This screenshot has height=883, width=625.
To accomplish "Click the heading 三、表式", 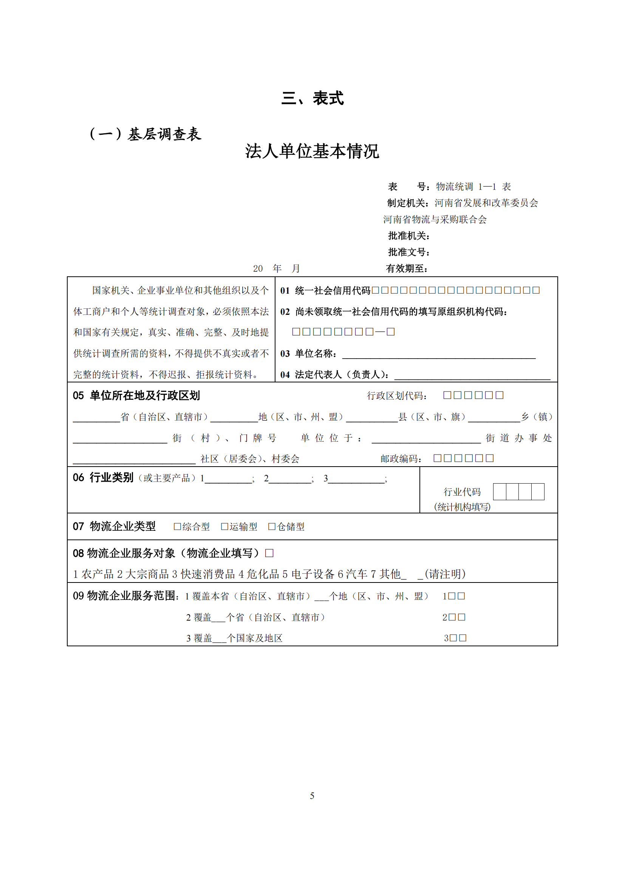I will tap(312, 99).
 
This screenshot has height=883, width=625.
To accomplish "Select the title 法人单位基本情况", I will tap(312, 151).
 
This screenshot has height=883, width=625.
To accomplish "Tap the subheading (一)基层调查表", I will tap(145, 134).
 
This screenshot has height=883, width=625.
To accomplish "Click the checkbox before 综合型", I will tap(177, 527).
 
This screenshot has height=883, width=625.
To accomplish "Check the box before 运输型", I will tap(224, 527).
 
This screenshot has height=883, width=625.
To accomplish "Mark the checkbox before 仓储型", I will tap(272, 527).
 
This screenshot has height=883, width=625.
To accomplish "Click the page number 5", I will tap(312, 796).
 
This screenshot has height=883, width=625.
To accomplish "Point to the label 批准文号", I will tap(408, 252).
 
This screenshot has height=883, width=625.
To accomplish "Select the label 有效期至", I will tap(407, 268).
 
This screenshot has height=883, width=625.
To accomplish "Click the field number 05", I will tap(78, 396).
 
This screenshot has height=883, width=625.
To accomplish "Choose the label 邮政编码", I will tap(401, 459).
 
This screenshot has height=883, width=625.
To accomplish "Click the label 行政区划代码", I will tap(397, 396).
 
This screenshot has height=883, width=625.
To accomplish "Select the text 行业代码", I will tap(462, 492).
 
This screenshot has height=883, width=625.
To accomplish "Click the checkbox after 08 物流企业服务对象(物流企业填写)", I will tap(269, 553).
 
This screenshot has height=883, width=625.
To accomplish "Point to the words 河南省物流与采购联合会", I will tap(435, 220).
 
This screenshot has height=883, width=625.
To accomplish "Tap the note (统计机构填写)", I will tap(462, 507).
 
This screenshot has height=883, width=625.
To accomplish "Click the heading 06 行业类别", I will tap(103, 478).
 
